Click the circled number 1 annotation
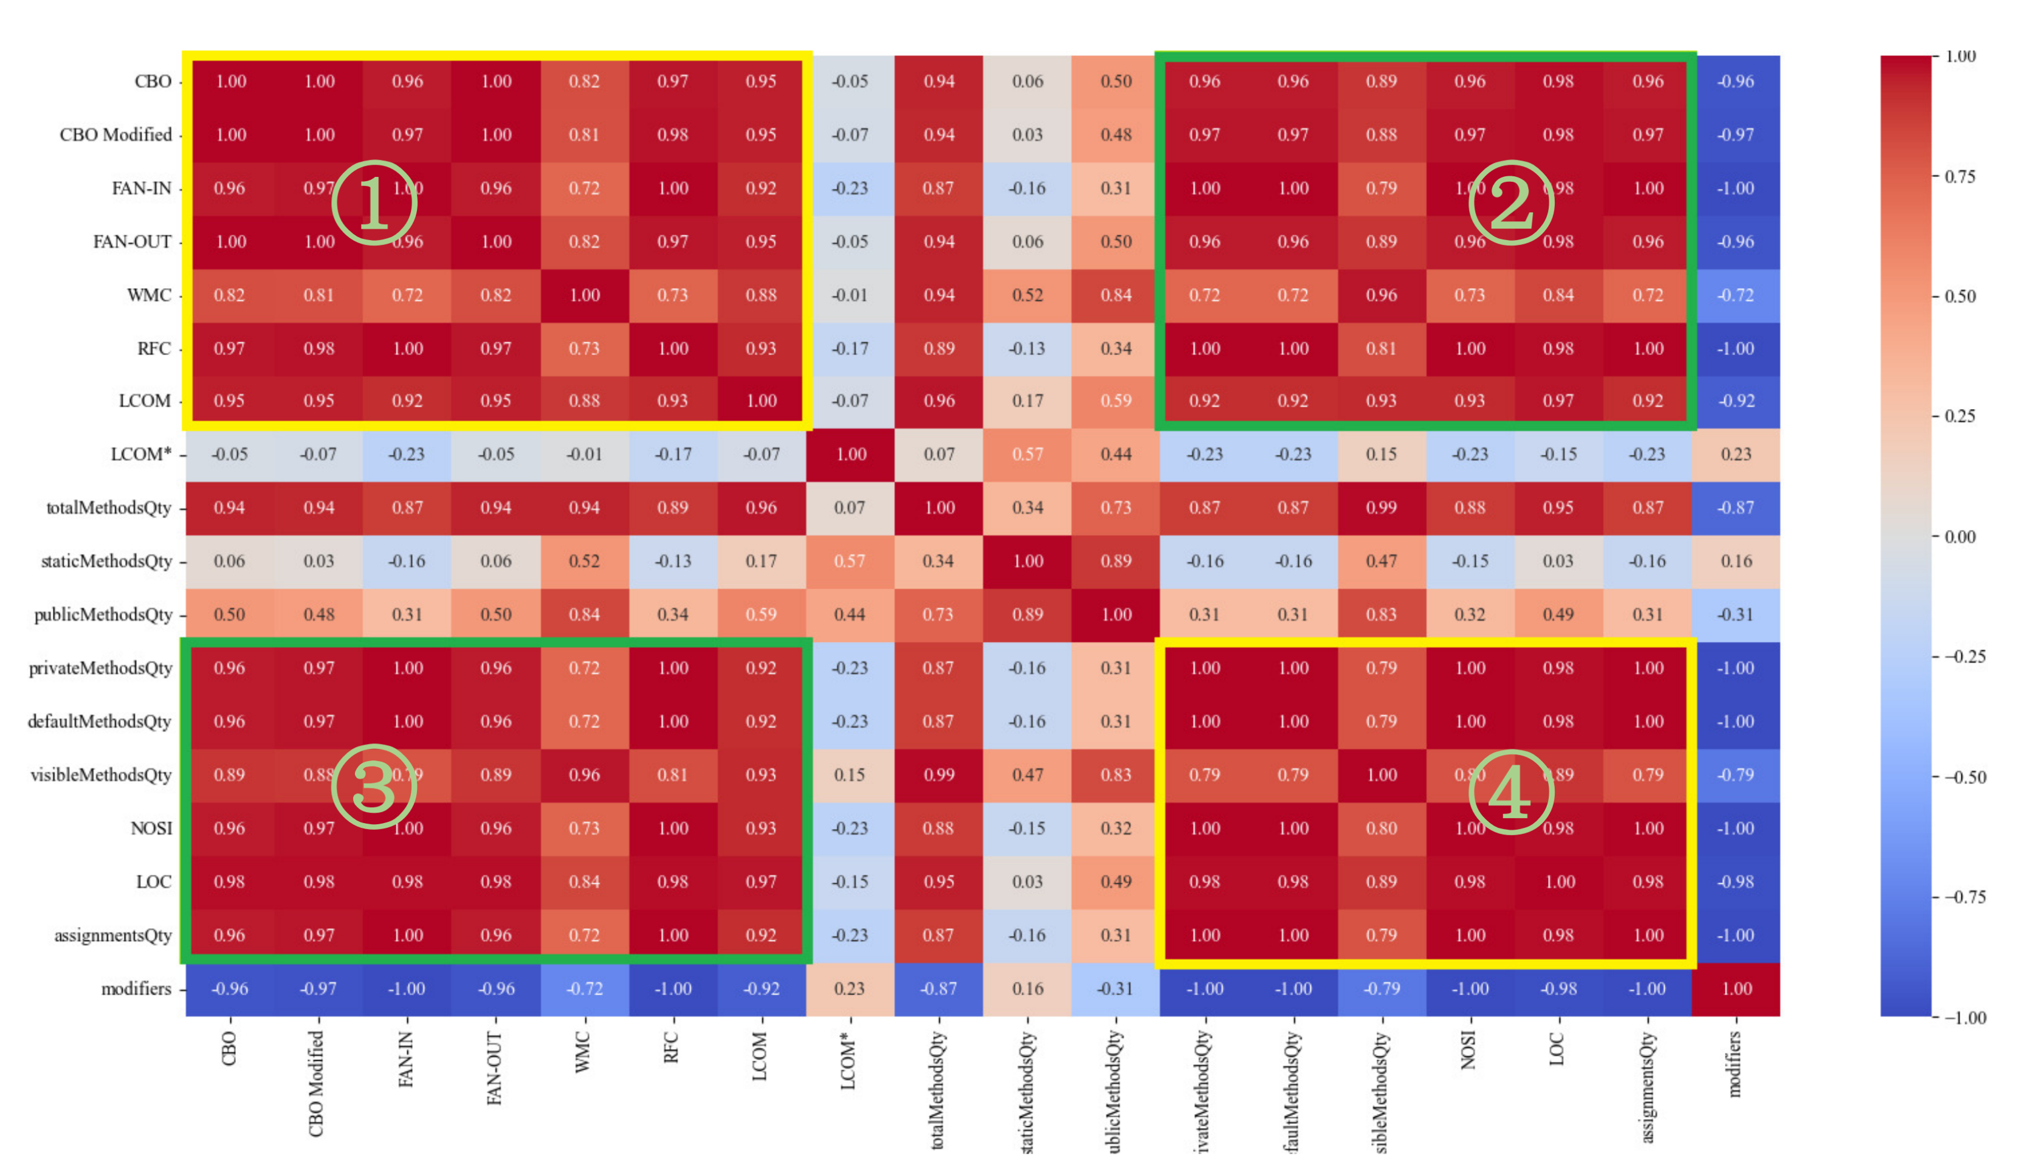point(374,203)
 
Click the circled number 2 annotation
point(1511,203)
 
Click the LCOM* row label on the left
point(141,455)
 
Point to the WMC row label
point(149,295)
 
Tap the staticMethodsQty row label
point(106,562)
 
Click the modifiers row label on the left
point(136,989)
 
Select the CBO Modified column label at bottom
point(317,1083)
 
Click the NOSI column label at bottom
point(1469,1050)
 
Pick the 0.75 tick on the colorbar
point(1961,176)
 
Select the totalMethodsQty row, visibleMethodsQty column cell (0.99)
point(1381,508)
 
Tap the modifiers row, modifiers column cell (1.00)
point(1737,989)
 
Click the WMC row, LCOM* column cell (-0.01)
point(850,295)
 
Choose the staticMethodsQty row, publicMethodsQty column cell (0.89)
point(1115,562)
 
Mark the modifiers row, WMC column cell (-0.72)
point(585,989)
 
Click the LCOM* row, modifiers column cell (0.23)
point(1737,455)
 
